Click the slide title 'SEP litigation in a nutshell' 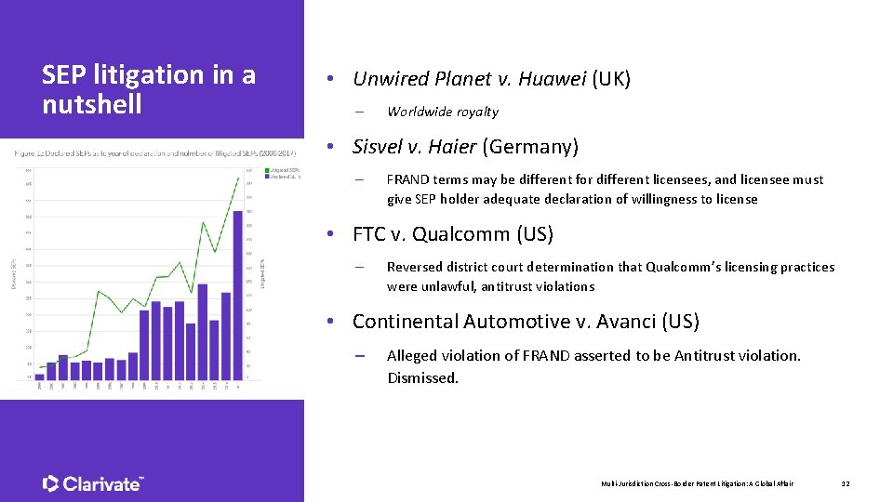point(149,88)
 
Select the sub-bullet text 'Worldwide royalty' point(443,112)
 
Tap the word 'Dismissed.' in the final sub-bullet point(422,378)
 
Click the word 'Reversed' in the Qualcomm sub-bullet point(414,267)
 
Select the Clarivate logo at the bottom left point(93,483)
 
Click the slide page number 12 point(846,483)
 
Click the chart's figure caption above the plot point(154,152)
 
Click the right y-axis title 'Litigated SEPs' point(263,272)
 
